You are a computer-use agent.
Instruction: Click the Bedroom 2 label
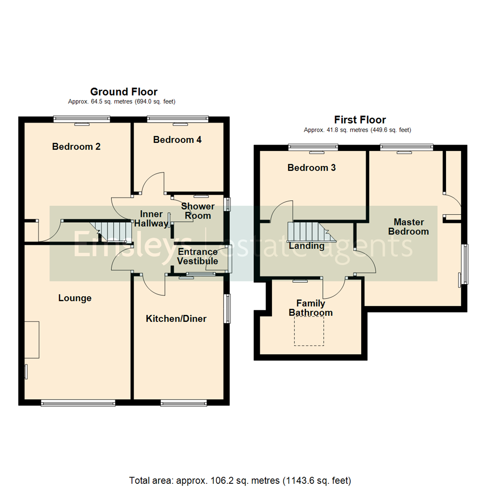point(76,147)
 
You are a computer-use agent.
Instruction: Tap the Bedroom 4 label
point(177,140)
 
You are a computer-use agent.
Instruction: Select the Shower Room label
point(198,211)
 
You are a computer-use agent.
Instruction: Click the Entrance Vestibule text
point(198,257)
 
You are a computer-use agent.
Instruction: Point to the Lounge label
point(75,298)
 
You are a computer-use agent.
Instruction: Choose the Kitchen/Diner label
point(176,319)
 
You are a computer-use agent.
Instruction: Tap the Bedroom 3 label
point(312,168)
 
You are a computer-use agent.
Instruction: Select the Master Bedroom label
point(409,227)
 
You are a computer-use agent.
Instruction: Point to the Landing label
point(307,246)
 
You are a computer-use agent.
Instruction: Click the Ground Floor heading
point(124,92)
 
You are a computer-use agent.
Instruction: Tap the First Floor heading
point(360,120)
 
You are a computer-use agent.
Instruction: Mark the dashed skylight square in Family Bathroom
point(309,331)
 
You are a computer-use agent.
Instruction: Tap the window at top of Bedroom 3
point(313,146)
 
